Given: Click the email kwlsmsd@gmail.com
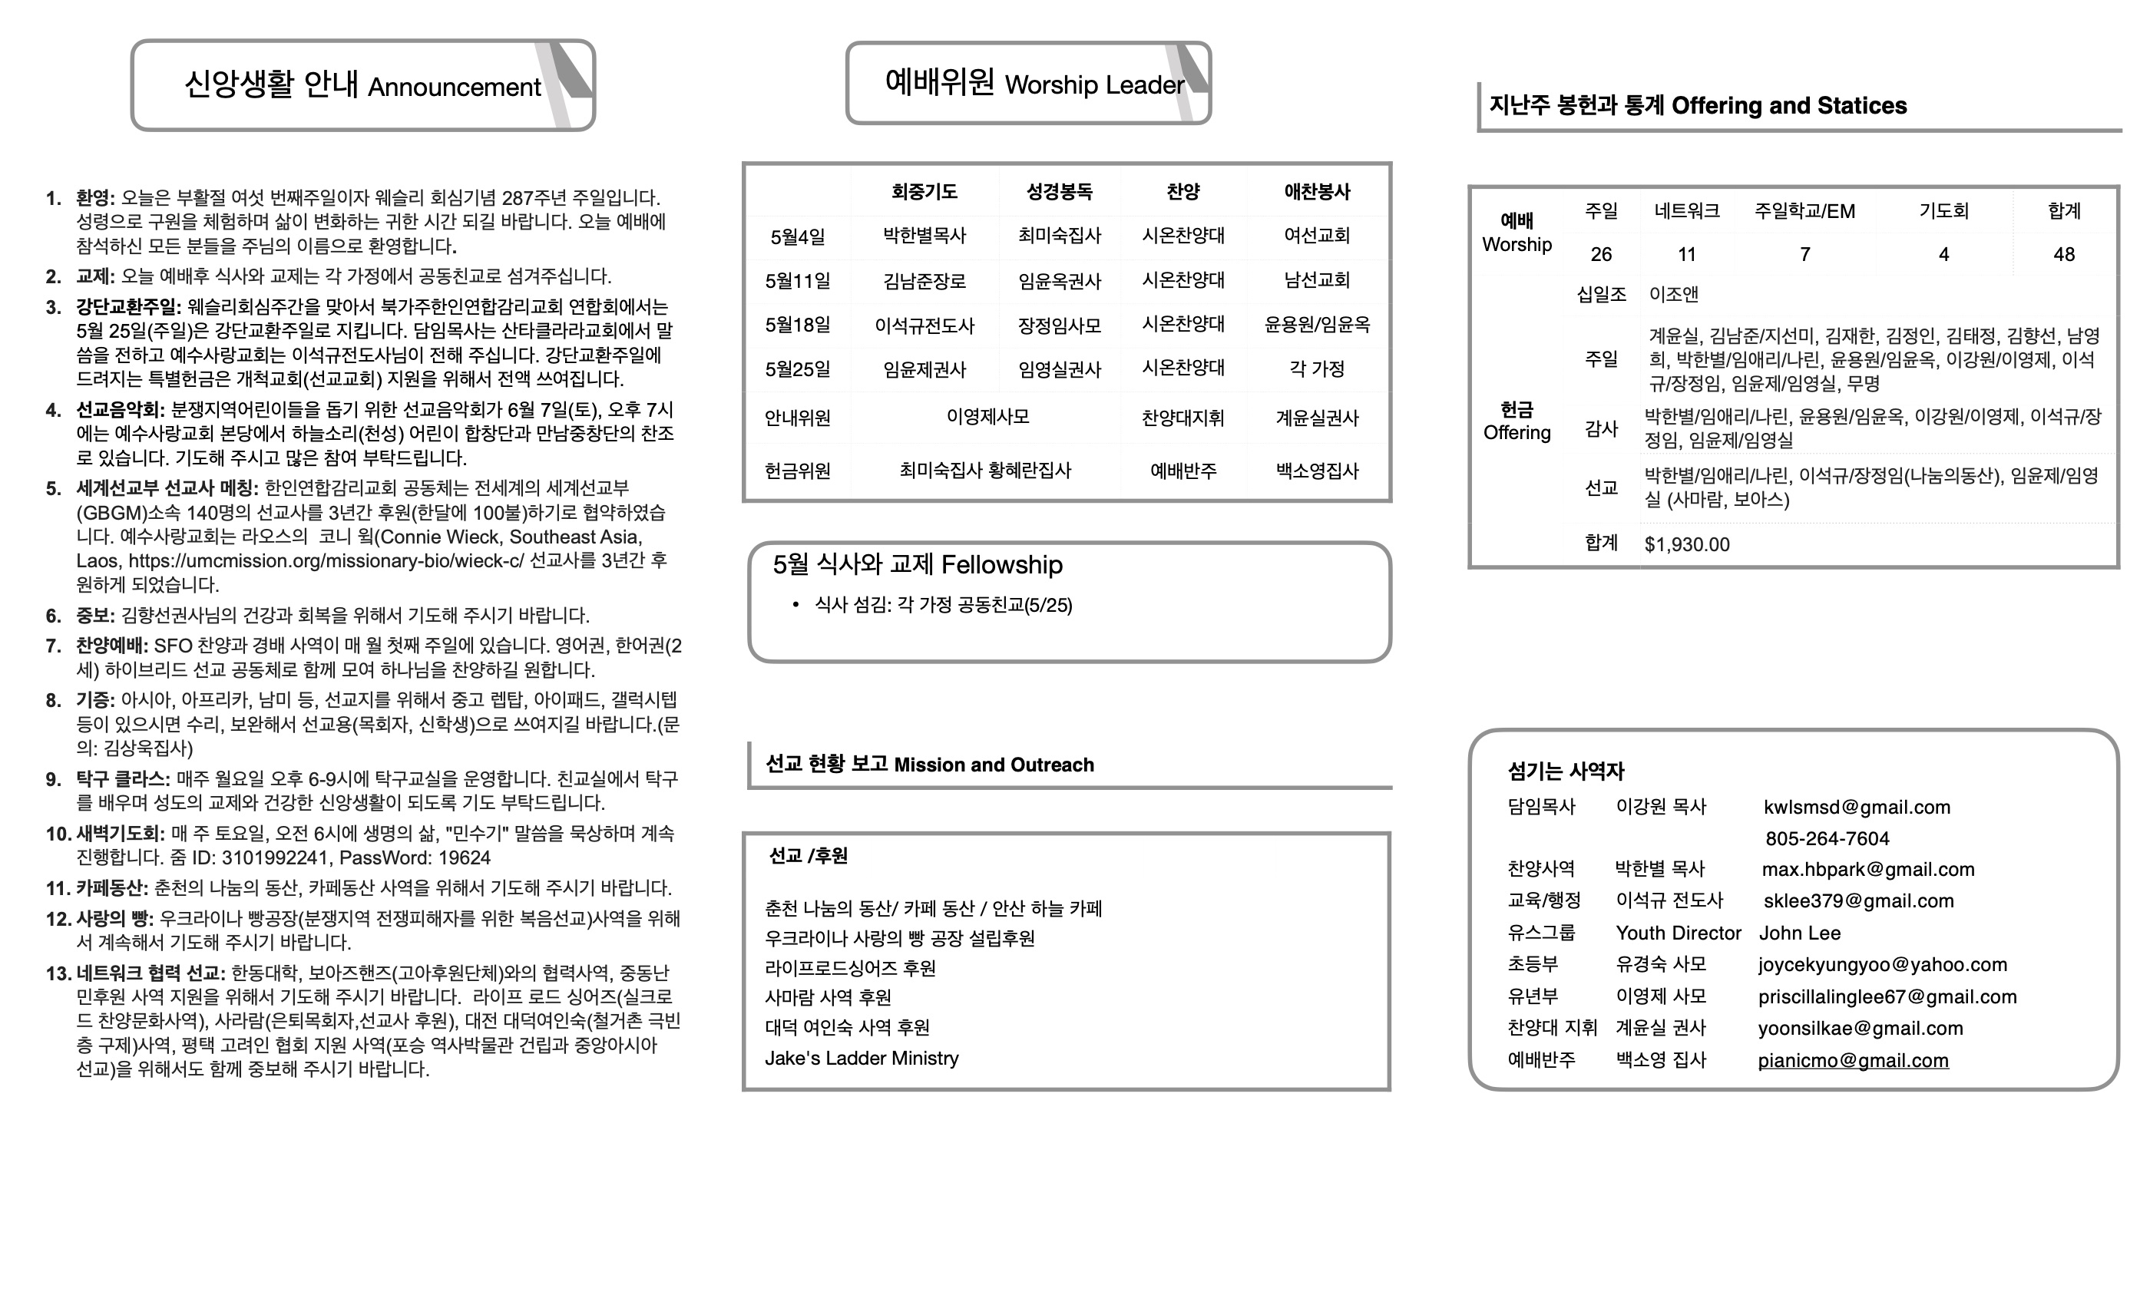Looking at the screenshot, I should [1857, 807].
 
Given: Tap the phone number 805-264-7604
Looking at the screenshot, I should [1827, 838].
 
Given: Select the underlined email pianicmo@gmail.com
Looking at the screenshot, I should [1852, 1061].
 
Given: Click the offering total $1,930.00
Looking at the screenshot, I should [1687, 544].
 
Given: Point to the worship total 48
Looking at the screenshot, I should [2064, 255].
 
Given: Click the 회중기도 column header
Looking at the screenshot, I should [924, 192].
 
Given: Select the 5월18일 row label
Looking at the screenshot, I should [798, 325].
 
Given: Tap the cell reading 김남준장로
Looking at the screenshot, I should [924, 281].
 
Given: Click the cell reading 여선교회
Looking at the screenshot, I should [1317, 236].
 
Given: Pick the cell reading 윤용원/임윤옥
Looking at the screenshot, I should [1317, 325].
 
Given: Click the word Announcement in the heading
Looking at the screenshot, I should [455, 88].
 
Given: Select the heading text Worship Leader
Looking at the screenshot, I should [1095, 84].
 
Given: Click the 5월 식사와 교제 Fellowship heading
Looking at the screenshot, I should [917, 565].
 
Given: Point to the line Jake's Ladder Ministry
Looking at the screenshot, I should [862, 1058].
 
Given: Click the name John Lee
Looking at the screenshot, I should [1799, 933].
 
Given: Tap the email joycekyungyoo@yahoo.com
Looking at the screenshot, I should [1882, 965].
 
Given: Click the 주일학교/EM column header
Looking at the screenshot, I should [1804, 211].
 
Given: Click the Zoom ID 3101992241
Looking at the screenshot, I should [274, 857].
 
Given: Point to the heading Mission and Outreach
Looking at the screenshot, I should [994, 765].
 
